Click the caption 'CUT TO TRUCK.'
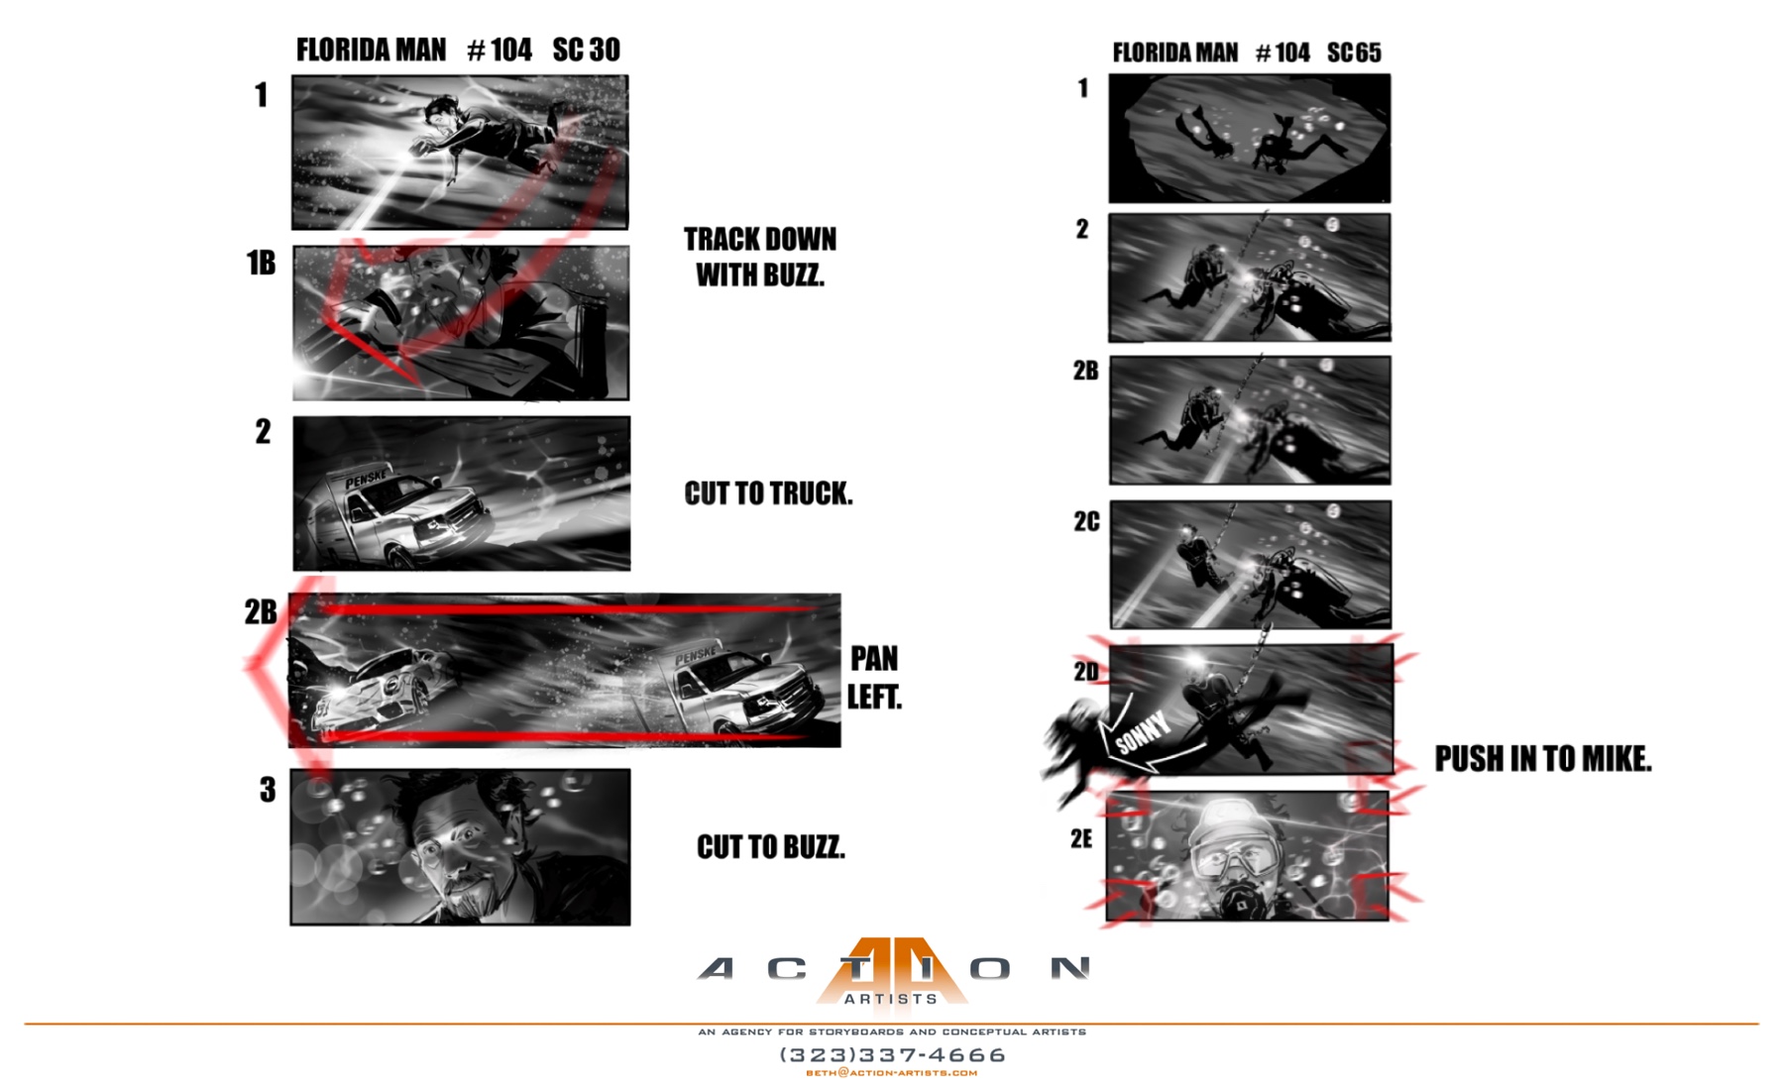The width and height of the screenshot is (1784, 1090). click(768, 493)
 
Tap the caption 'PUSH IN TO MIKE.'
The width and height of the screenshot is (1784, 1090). click(1543, 759)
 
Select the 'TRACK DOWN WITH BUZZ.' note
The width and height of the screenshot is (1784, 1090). click(760, 257)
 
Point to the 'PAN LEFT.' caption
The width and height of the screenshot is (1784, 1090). click(874, 678)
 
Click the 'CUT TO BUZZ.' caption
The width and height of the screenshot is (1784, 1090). click(771, 847)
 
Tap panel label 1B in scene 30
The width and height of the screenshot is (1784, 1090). click(261, 263)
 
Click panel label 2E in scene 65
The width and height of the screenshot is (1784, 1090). click(1081, 839)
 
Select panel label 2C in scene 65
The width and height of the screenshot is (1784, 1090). click(1086, 522)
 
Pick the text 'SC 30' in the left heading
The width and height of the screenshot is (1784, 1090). click(586, 50)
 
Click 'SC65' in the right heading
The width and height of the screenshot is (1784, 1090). click(1354, 53)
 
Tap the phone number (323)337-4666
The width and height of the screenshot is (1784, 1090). click(892, 1055)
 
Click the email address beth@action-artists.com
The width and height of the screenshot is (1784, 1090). click(892, 1073)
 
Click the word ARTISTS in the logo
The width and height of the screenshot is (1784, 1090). click(891, 999)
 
